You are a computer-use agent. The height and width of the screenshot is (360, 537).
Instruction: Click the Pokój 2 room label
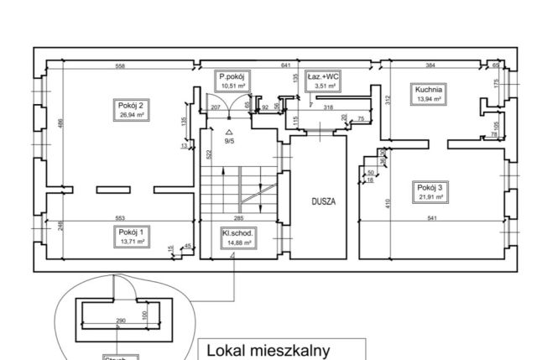pos(131,110)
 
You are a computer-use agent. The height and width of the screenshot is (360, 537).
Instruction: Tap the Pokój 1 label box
pos(131,236)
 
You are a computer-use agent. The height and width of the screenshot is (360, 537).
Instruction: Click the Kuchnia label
pos(427,93)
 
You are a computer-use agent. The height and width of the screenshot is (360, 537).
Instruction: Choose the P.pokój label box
pos(232,81)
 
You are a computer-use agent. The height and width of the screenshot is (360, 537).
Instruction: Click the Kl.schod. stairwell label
pos(238,237)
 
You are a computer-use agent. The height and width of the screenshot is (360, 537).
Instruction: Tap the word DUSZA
pos(323,202)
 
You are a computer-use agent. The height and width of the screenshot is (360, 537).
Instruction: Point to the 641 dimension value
pos(285,65)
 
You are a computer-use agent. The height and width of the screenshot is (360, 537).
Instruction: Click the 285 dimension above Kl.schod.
pos(238,219)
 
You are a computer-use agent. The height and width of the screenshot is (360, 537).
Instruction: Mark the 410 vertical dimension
pos(388,203)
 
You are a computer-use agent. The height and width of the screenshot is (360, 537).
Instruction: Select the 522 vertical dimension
pos(207,157)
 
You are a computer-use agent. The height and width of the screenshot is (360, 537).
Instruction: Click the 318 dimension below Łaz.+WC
pos(328,107)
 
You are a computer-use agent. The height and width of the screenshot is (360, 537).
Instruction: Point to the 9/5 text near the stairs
pos(229,141)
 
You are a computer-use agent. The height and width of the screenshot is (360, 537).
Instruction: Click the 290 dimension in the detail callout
pos(120,321)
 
